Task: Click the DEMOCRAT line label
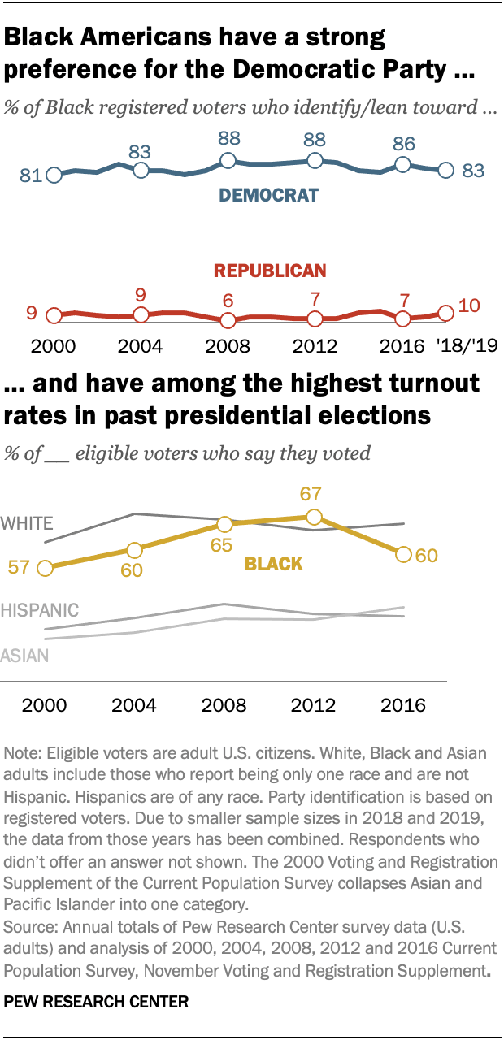point(268,195)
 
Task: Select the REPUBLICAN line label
point(269,271)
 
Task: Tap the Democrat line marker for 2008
point(228,161)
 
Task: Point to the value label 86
point(404,144)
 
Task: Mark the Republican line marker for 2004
point(141,314)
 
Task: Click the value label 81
point(31,175)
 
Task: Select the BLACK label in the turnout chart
point(273,563)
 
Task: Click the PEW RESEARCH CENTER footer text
point(96,1003)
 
